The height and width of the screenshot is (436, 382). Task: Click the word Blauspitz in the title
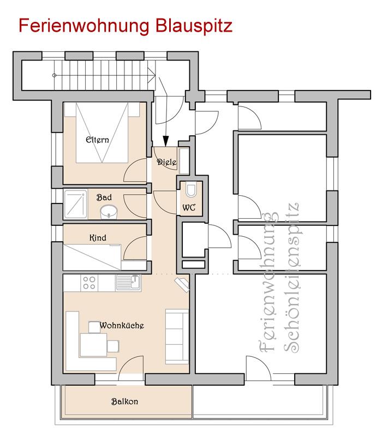[x=194, y=26]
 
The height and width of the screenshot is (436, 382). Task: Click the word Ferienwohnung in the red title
[x=84, y=26]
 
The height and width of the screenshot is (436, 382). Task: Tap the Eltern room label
[x=97, y=139]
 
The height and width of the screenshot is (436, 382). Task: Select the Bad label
[x=104, y=197]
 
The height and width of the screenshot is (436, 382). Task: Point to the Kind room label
[x=98, y=238]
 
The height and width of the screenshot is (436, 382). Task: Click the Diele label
[x=167, y=162]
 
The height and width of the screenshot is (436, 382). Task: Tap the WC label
[x=189, y=207]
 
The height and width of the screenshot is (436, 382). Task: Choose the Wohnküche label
[x=122, y=325]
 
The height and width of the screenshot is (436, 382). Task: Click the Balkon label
[x=124, y=401]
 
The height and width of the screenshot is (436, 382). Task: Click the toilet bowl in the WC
[x=191, y=190]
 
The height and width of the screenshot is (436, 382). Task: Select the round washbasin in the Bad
[x=109, y=212]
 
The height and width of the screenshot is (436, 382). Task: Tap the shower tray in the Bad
[x=76, y=204]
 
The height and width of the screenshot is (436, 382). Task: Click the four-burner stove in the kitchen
[x=89, y=283]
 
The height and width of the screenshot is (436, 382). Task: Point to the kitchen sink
[x=128, y=283]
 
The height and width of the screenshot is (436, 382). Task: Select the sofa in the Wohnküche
[x=177, y=337]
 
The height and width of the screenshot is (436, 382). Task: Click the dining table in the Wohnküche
[x=93, y=345]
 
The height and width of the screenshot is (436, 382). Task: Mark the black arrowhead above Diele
[x=166, y=141]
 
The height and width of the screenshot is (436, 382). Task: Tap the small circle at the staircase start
[x=55, y=75]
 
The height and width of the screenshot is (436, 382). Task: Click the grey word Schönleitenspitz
[x=291, y=278]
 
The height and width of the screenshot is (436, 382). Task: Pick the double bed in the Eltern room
[x=102, y=133]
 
